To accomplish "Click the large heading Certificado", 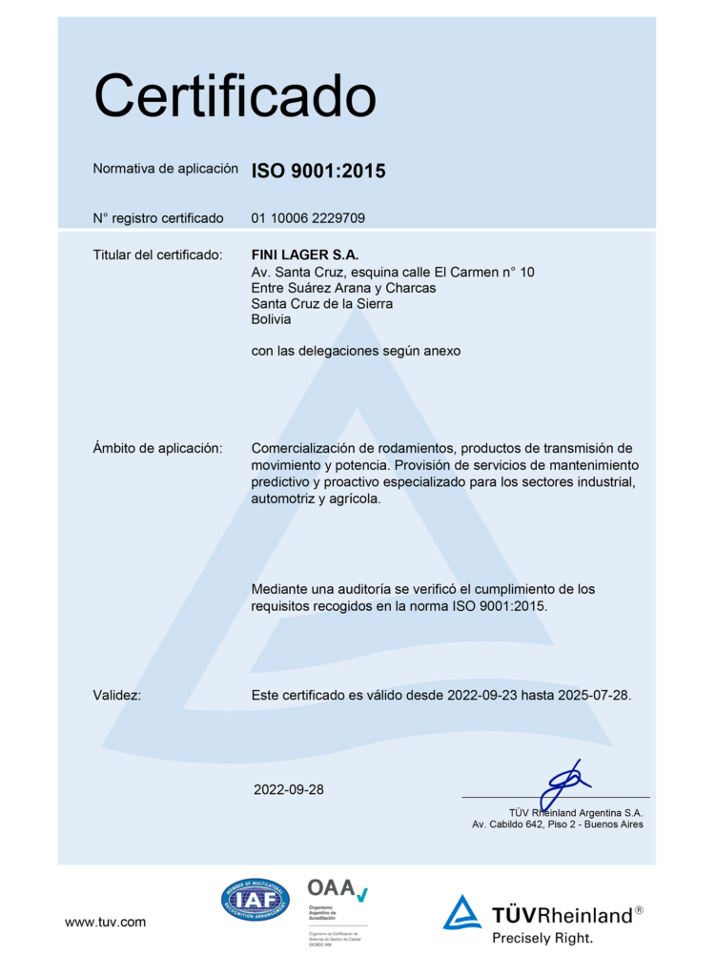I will pyautogui.click(x=235, y=96).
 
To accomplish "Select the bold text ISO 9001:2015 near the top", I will pyautogui.click(x=317, y=172).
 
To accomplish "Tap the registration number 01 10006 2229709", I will pyautogui.click(x=307, y=218).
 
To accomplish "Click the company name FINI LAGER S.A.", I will pyautogui.click(x=304, y=255).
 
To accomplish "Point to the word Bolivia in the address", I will pyautogui.click(x=271, y=319).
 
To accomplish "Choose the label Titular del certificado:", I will pyautogui.click(x=157, y=255).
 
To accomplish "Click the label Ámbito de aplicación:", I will pyautogui.click(x=157, y=448).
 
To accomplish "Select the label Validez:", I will pyautogui.click(x=117, y=695).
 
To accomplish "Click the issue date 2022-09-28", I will pyautogui.click(x=289, y=789).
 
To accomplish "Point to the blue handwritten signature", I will pyautogui.click(x=563, y=783).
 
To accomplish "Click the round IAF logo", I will pyautogui.click(x=255, y=899).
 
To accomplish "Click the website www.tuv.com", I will pyautogui.click(x=105, y=922).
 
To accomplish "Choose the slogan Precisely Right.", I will pyautogui.click(x=542, y=938).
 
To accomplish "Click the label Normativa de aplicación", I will pyautogui.click(x=165, y=169).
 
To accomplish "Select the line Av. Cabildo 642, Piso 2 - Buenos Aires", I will pyautogui.click(x=557, y=824).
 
